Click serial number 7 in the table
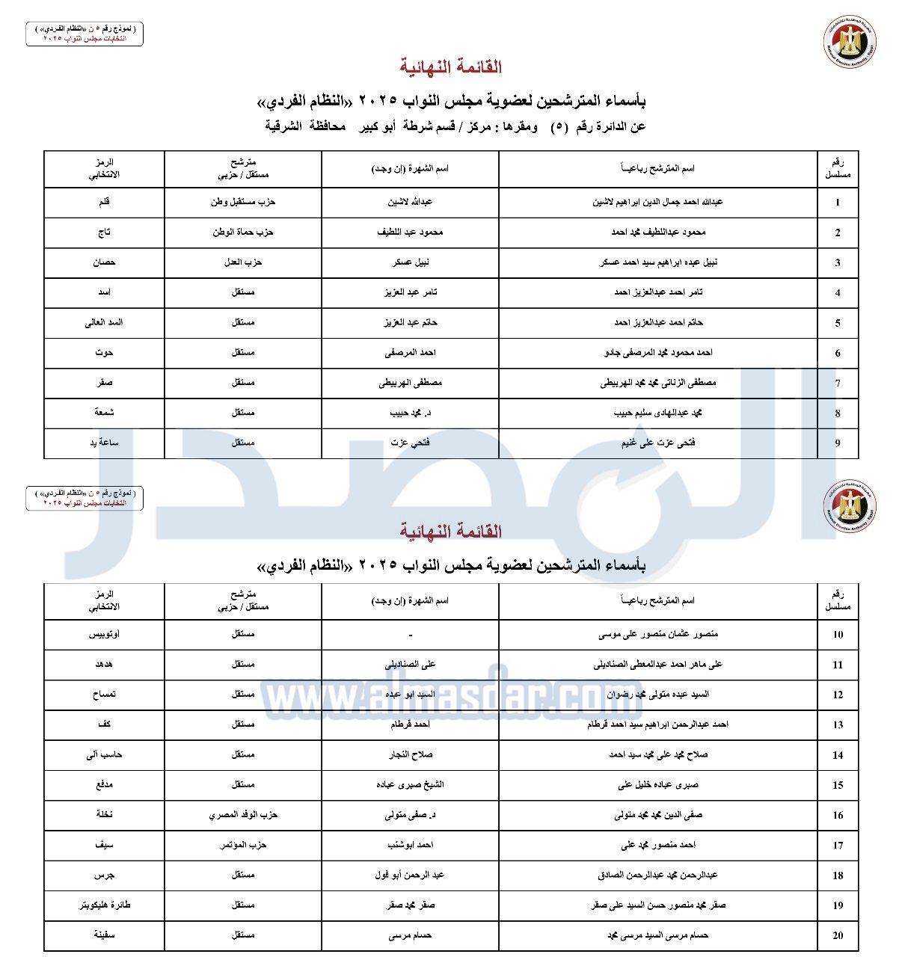tap(838, 383)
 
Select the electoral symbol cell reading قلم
tap(105, 202)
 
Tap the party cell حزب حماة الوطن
tap(243, 233)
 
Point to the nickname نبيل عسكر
tap(411, 262)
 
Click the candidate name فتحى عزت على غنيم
tap(658, 443)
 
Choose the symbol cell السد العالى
tap(104, 322)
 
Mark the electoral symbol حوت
tap(104, 352)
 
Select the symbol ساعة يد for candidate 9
tap(104, 443)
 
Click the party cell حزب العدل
tap(243, 262)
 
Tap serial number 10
tap(838, 635)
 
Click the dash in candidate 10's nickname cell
tap(411, 635)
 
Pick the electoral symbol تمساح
tap(104, 695)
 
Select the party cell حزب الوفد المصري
tap(243, 815)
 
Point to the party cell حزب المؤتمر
tap(243, 845)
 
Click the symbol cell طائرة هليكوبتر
tap(105, 905)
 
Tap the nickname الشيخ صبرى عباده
tap(411, 785)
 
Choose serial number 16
tap(838, 815)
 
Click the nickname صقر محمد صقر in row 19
tap(411, 905)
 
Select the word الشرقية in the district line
tap(283, 126)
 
